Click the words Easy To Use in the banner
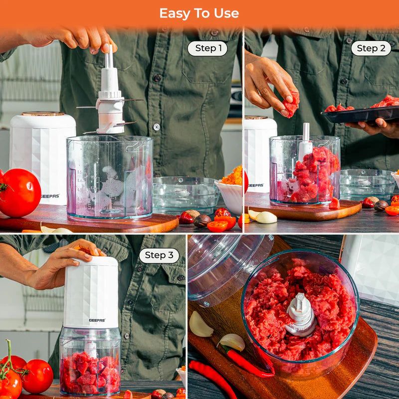pyautogui.click(x=199, y=13)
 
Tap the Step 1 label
pyautogui.click(x=207, y=48)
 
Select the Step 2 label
pyautogui.click(x=371, y=48)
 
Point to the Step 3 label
pyautogui.click(x=159, y=256)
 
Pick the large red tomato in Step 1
pyautogui.click(x=19, y=193)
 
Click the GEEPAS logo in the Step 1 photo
pyautogui.click(x=50, y=196)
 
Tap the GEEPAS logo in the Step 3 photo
pyautogui.click(x=97, y=320)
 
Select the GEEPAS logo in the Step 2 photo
pyautogui.click(x=255, y=185)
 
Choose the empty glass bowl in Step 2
pyautogui.click(x=367, y=183)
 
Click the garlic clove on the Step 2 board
pyautogui.click(x=265, y=217)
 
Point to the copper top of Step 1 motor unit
pyautogui.click(x=43, y=114)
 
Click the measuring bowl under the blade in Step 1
pyautogui.click(x=110, y=177)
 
